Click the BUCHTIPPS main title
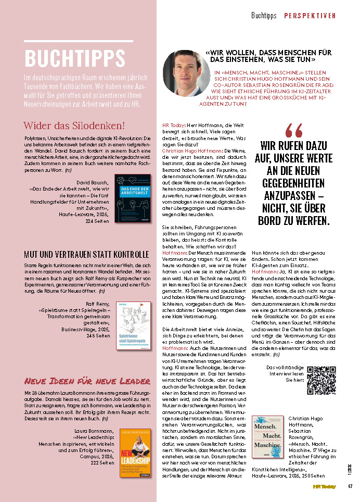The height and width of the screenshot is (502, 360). coord(75,59)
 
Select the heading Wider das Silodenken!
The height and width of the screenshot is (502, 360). coord(74,126)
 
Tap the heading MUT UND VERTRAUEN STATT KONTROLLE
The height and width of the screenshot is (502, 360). coord(86,255)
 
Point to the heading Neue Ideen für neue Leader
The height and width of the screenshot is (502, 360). coord(87,381)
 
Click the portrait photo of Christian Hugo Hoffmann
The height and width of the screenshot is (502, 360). coord(186,73)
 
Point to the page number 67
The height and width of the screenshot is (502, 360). coord(351,487)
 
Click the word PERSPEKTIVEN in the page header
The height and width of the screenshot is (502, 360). coord(310,16)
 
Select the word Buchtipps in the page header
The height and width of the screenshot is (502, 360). coord(264,16)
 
